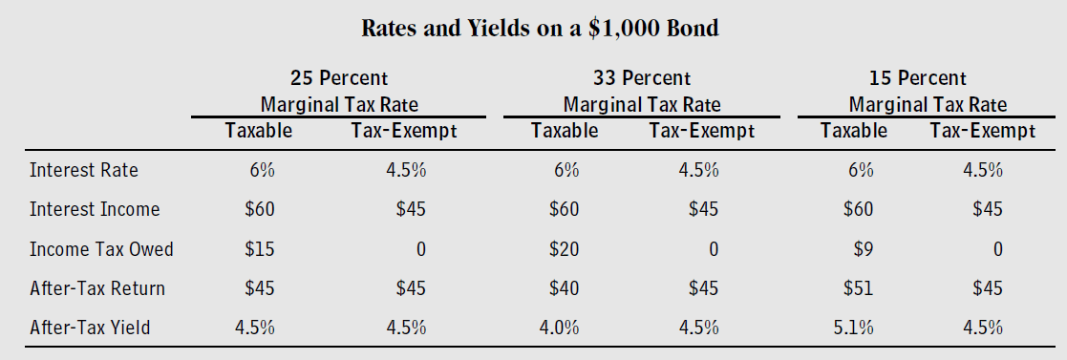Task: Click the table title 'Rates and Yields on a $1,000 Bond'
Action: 540,29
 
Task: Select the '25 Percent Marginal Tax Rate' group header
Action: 339,91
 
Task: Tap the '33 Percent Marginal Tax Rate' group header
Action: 641,91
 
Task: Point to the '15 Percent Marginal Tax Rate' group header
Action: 927,91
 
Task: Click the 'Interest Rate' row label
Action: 84,171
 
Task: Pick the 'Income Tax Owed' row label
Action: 101,249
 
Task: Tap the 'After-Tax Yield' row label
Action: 90,328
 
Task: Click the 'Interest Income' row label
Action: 95,209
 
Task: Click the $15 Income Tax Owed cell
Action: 260,249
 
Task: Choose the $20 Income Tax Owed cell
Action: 565,249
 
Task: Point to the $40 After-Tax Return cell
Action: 565,288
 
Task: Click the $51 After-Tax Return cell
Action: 856,288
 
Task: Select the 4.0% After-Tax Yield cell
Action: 560,328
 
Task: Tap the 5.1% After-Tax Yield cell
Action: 852,328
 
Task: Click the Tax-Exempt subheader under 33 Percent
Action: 701,131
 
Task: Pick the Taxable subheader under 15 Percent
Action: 853,131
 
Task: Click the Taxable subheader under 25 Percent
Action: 258,131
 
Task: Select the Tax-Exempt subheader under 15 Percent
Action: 982,131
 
